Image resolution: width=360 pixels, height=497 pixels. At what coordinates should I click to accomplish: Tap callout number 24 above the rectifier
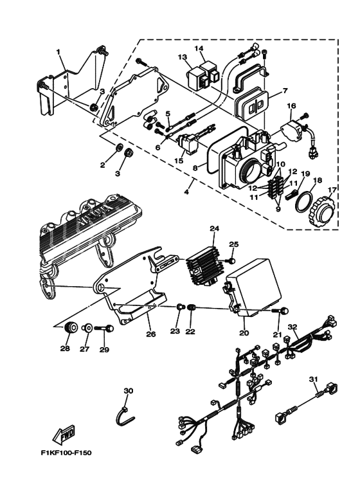click(x=214, y=228)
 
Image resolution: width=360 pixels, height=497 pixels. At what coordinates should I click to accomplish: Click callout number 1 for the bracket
click(x=58, y=51)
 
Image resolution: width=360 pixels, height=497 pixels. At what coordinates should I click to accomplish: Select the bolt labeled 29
click(x=105, y=329)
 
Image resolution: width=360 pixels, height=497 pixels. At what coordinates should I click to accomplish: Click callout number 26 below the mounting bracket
click(x=150, y=334)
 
